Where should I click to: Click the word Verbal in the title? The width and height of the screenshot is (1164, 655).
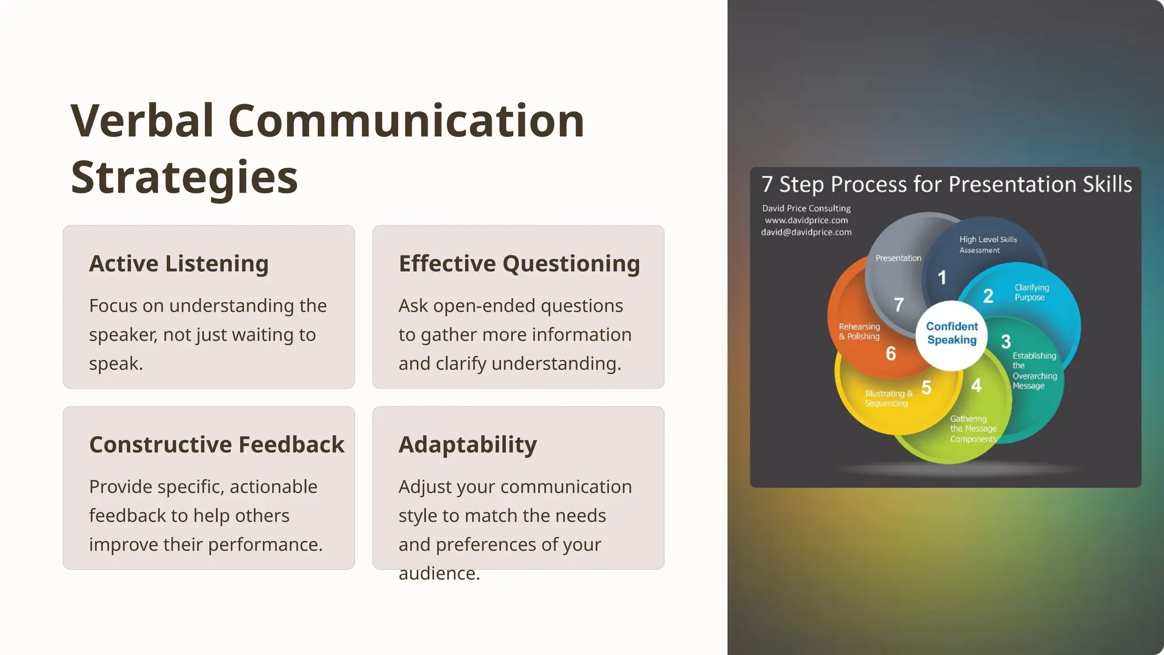pos(142,121)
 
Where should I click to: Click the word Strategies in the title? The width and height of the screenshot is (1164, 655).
pos(184,178)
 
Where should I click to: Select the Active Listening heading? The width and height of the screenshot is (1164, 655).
pos(178,264)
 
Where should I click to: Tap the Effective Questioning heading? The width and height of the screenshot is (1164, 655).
pos(519,264)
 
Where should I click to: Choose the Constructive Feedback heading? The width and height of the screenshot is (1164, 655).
pos(217,445)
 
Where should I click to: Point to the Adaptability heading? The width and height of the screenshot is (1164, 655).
pos(467,445)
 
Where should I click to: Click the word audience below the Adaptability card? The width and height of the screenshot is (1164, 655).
pos(438,574)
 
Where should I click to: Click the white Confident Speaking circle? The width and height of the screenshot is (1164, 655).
pos(951,334)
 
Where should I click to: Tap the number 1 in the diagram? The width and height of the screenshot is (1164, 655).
pos(942,277)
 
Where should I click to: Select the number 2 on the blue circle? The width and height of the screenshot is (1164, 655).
pos(988,296)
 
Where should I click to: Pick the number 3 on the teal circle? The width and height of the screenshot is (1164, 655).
pos(1005,342)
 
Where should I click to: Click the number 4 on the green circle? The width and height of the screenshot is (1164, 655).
pos(976,385)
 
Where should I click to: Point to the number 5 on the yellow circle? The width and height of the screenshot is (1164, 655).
pos(926,388)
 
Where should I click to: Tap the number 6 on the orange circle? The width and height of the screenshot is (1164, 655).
pos(891,354)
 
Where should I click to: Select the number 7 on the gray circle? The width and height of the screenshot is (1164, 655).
pos(899,305)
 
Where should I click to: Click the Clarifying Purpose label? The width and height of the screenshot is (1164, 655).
pos(1031,292)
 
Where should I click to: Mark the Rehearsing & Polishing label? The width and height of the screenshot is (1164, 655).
pos(859,331)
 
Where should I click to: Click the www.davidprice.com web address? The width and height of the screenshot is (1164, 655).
pos(806,221)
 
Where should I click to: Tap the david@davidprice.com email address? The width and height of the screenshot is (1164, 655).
pos(806,233)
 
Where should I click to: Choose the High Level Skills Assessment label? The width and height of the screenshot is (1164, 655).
pos(988,244)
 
